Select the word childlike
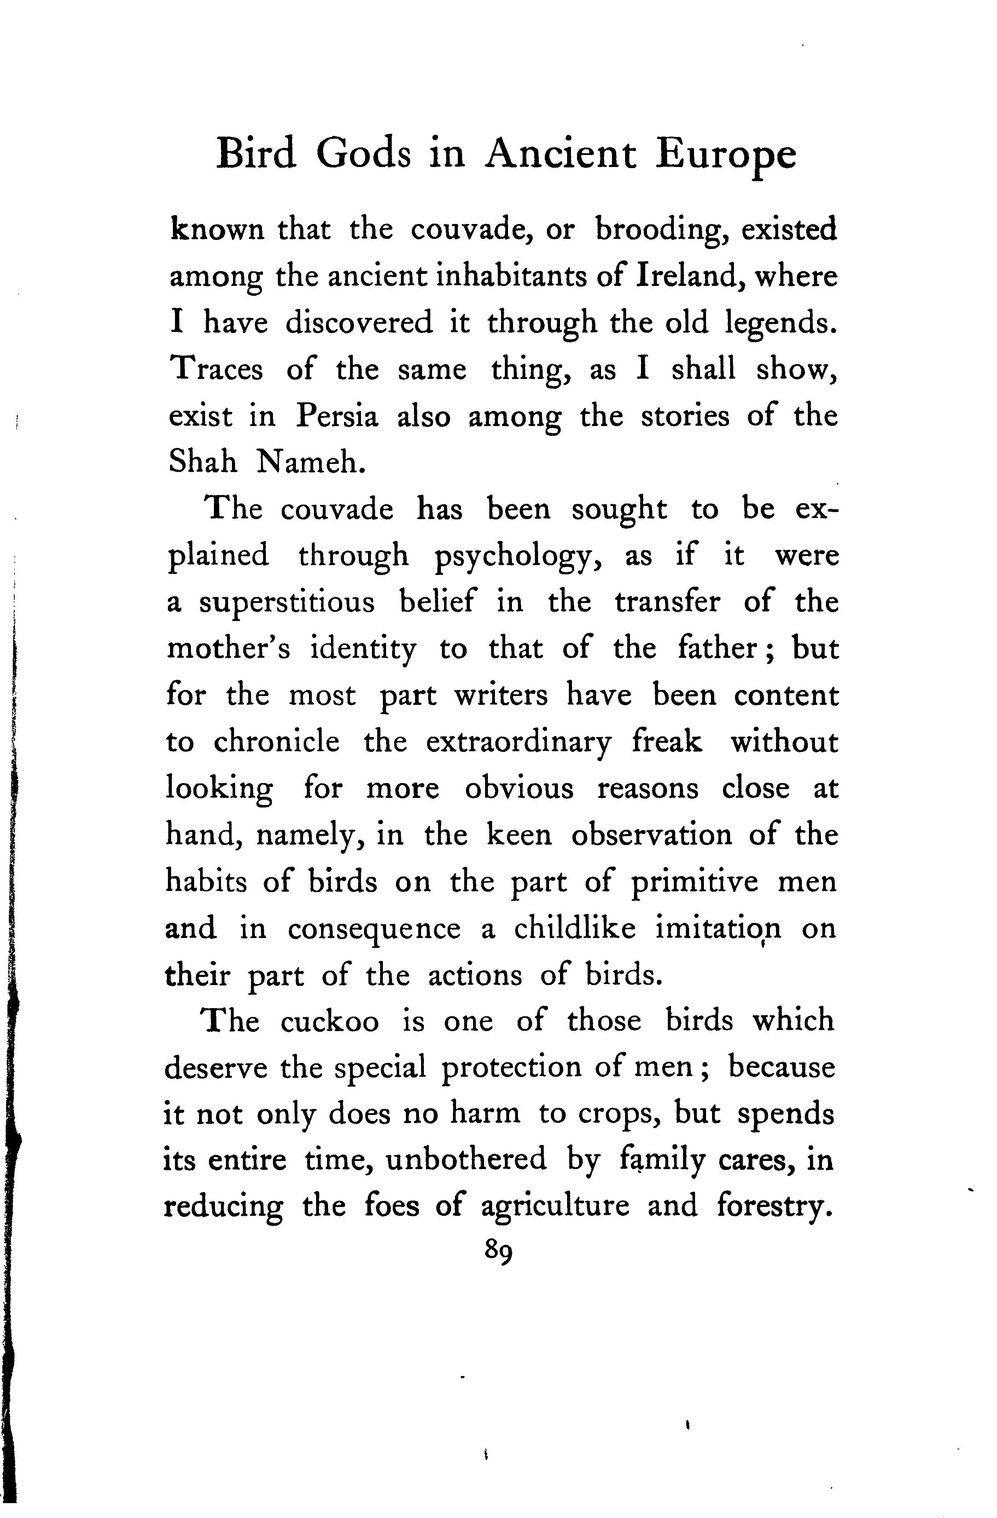575,928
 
